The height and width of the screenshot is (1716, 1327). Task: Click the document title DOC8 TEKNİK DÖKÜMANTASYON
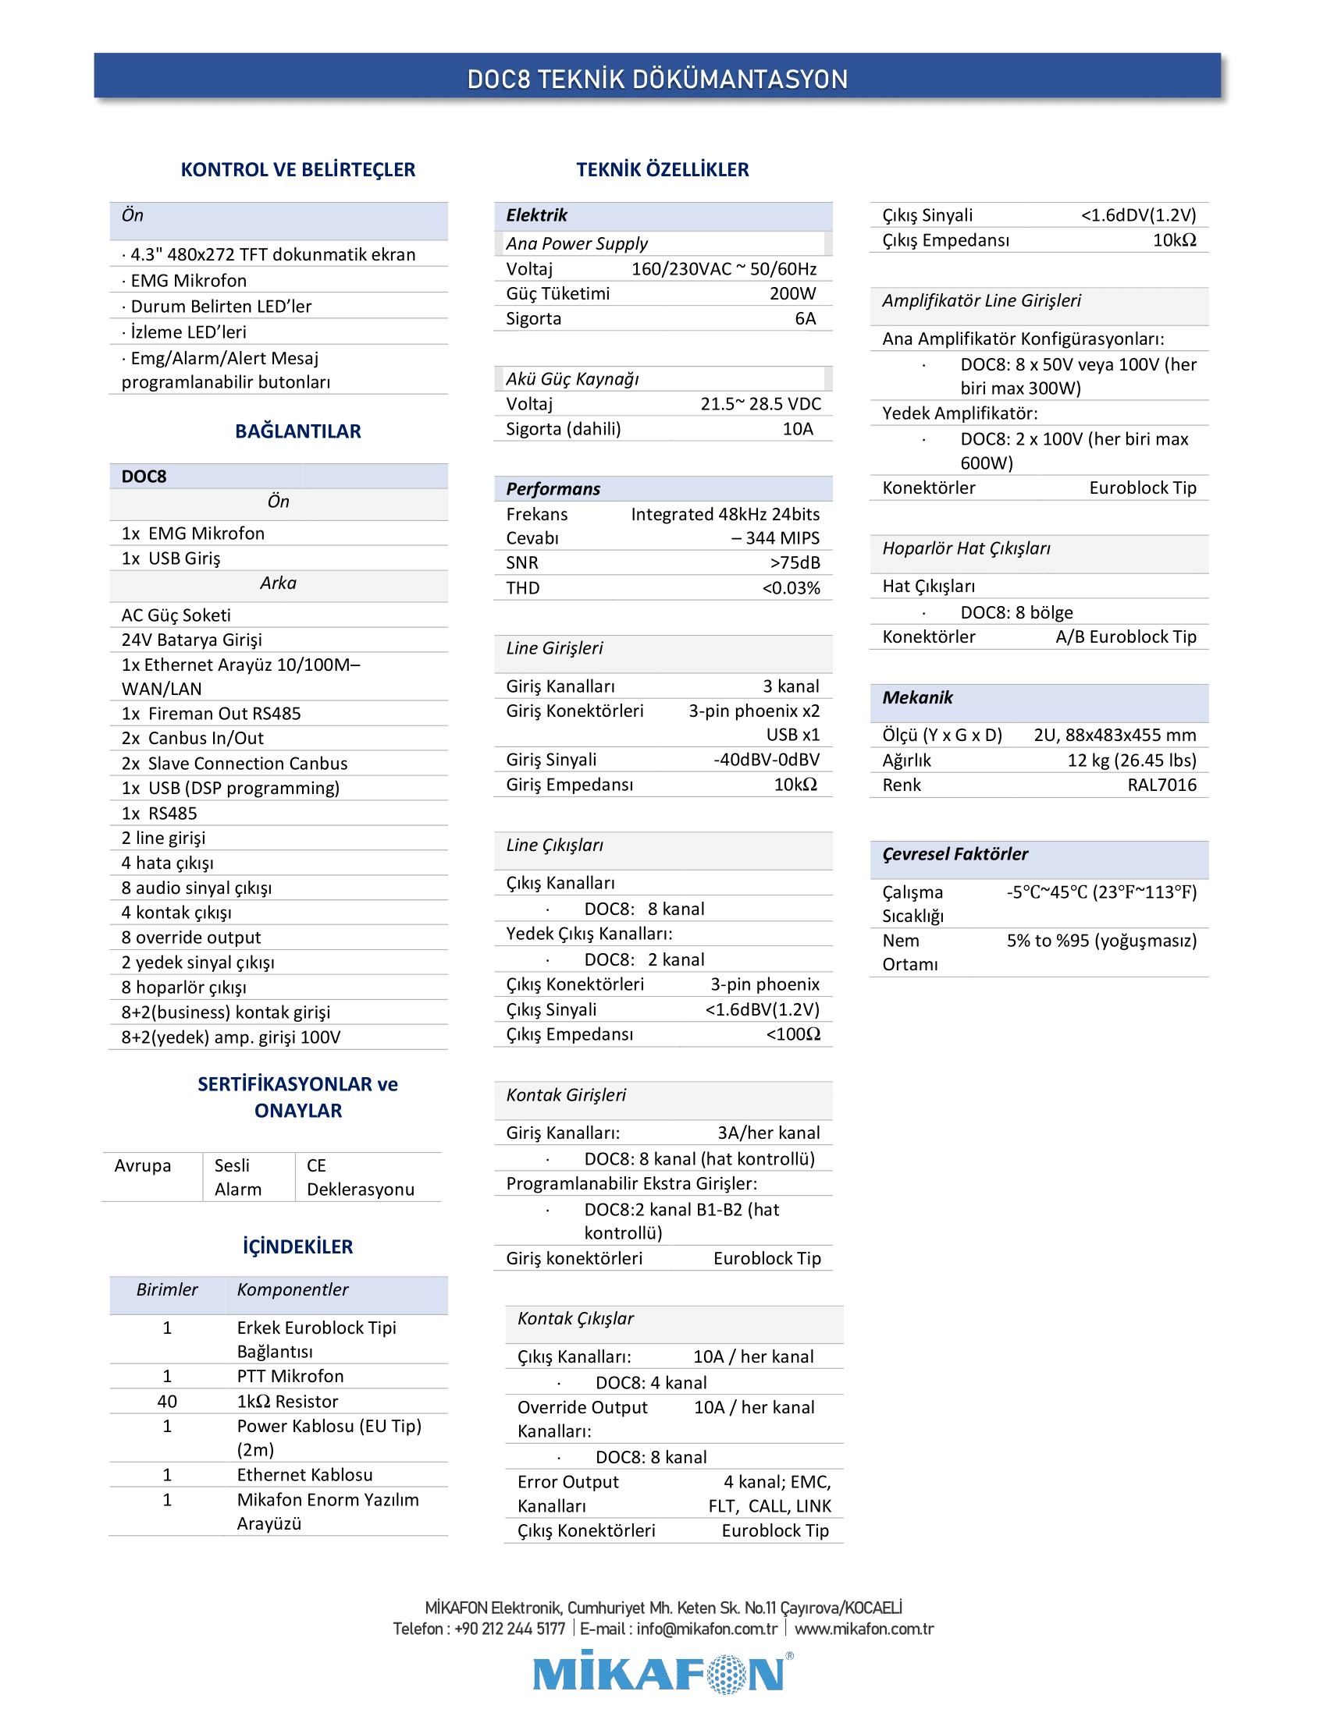click(x=657, y=80)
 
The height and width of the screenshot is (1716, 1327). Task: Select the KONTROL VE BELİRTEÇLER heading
click(x=298, y=170)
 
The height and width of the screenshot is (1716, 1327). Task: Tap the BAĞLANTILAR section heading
click(x=298, y=431)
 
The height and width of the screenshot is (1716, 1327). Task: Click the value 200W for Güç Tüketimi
click(x=792, y=294)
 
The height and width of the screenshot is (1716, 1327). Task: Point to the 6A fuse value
click(x=805, y=319)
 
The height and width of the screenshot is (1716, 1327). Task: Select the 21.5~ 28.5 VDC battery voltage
click(x=760, y=404)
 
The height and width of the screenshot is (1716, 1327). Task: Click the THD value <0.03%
click(x=790, y=588)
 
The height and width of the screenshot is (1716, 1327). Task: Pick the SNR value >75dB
click(x=795, y=562)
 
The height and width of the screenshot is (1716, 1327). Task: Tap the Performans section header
click(x=553, y=489)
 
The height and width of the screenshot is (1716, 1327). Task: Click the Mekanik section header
click(x=916, y=698)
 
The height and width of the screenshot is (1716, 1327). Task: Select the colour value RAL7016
click(x=1162, y=785)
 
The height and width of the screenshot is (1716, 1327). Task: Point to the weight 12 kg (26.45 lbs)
click(x=1131, y=760)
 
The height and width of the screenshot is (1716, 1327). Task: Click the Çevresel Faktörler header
click(x=955, y=854)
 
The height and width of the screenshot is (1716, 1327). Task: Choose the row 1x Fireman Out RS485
click(x=211, y=714)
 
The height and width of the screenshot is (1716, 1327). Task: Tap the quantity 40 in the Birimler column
click(x=167, y=1402)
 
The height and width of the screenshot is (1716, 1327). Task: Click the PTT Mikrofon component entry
click(x=290, y=1377)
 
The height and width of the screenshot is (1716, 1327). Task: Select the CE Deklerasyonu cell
click(x=360, y=1178)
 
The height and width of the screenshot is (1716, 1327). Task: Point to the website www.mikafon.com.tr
click(x=863, y=1629)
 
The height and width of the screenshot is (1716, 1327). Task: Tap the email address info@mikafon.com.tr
click(x=706, y=1629)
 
